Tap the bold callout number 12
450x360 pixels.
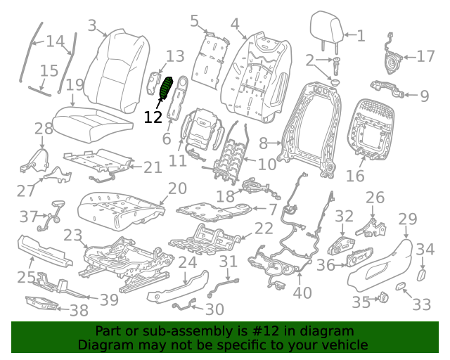pyautogui.click(x=153, y=117)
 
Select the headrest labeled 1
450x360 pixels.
pyautogui.click(x=328, y=27)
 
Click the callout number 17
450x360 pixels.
pyautogui.click(x=426, y=56)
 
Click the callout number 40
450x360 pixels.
pyautogui.click(x=302, y=292)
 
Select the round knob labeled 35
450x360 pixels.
pyautogui.click(x=384, y=300)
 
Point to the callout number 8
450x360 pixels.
pyautogui.click(x=264, y=143)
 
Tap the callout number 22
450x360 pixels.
pyautogui.click(x=263, y=228)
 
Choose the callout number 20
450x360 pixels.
pyautogui.click(x=177, y=188)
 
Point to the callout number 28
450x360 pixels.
pyautogui.click(x=43, y=129)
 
